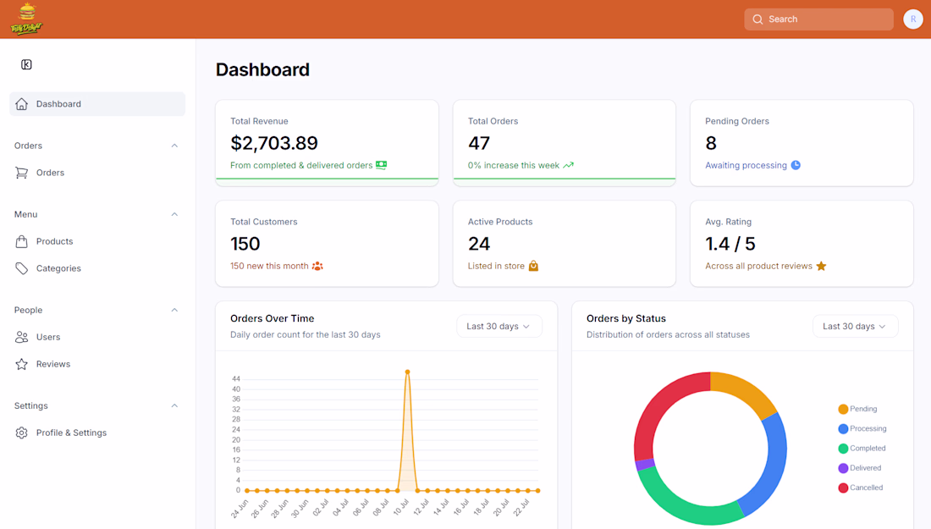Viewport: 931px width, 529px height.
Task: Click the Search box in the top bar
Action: pos(818,19)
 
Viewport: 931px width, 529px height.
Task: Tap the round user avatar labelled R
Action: pos(912,19)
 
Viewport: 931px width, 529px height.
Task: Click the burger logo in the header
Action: pos(27,19)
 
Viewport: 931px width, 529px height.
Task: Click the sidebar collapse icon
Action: pos(27,64)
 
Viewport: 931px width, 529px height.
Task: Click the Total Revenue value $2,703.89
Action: pos(274,143)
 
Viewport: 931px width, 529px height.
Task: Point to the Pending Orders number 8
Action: pos(711,143)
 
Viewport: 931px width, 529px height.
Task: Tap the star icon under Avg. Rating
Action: pos(821,266)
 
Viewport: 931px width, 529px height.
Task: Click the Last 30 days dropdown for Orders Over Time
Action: pos(499,327)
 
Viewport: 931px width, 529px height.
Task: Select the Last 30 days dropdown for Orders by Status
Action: pos(855,327)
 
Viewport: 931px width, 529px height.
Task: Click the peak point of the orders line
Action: pos(407,372)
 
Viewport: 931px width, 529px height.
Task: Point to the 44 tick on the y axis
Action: pos(236,379)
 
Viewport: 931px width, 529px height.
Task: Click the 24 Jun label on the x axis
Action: pos(240,508)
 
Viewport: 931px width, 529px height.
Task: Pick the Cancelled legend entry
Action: pos(861,488)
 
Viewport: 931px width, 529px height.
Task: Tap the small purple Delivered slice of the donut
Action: pos(645,465)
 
